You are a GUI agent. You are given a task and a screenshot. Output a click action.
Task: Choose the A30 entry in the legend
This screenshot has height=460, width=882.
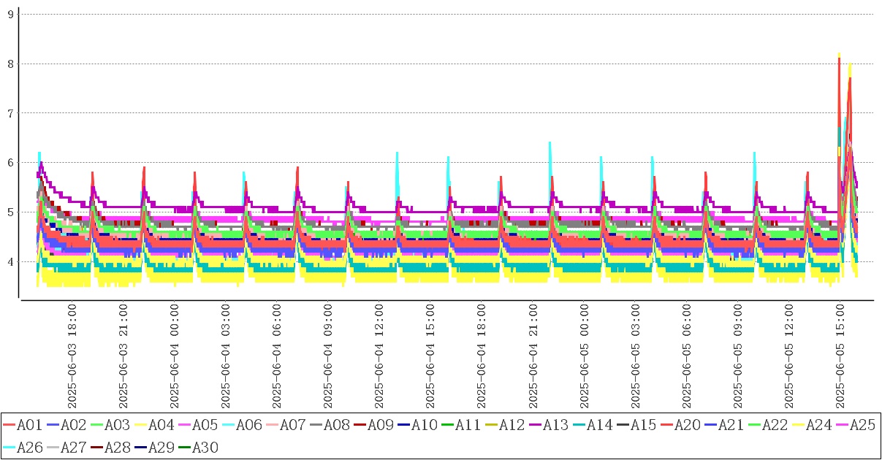point(205,448)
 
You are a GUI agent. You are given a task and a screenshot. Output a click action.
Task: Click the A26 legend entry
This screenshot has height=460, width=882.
point(29,448)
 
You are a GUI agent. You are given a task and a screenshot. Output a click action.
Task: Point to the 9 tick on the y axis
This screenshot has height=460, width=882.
point(10,14)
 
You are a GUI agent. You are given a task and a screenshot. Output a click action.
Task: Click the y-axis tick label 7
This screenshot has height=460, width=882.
point(10,113)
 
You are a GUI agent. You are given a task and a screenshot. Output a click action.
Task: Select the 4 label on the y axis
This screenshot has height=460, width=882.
point(10,261)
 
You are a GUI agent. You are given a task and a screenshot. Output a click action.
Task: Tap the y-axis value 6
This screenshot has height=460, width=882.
point(10,163)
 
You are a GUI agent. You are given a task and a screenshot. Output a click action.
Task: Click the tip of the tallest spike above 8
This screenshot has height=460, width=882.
point(839,53)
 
